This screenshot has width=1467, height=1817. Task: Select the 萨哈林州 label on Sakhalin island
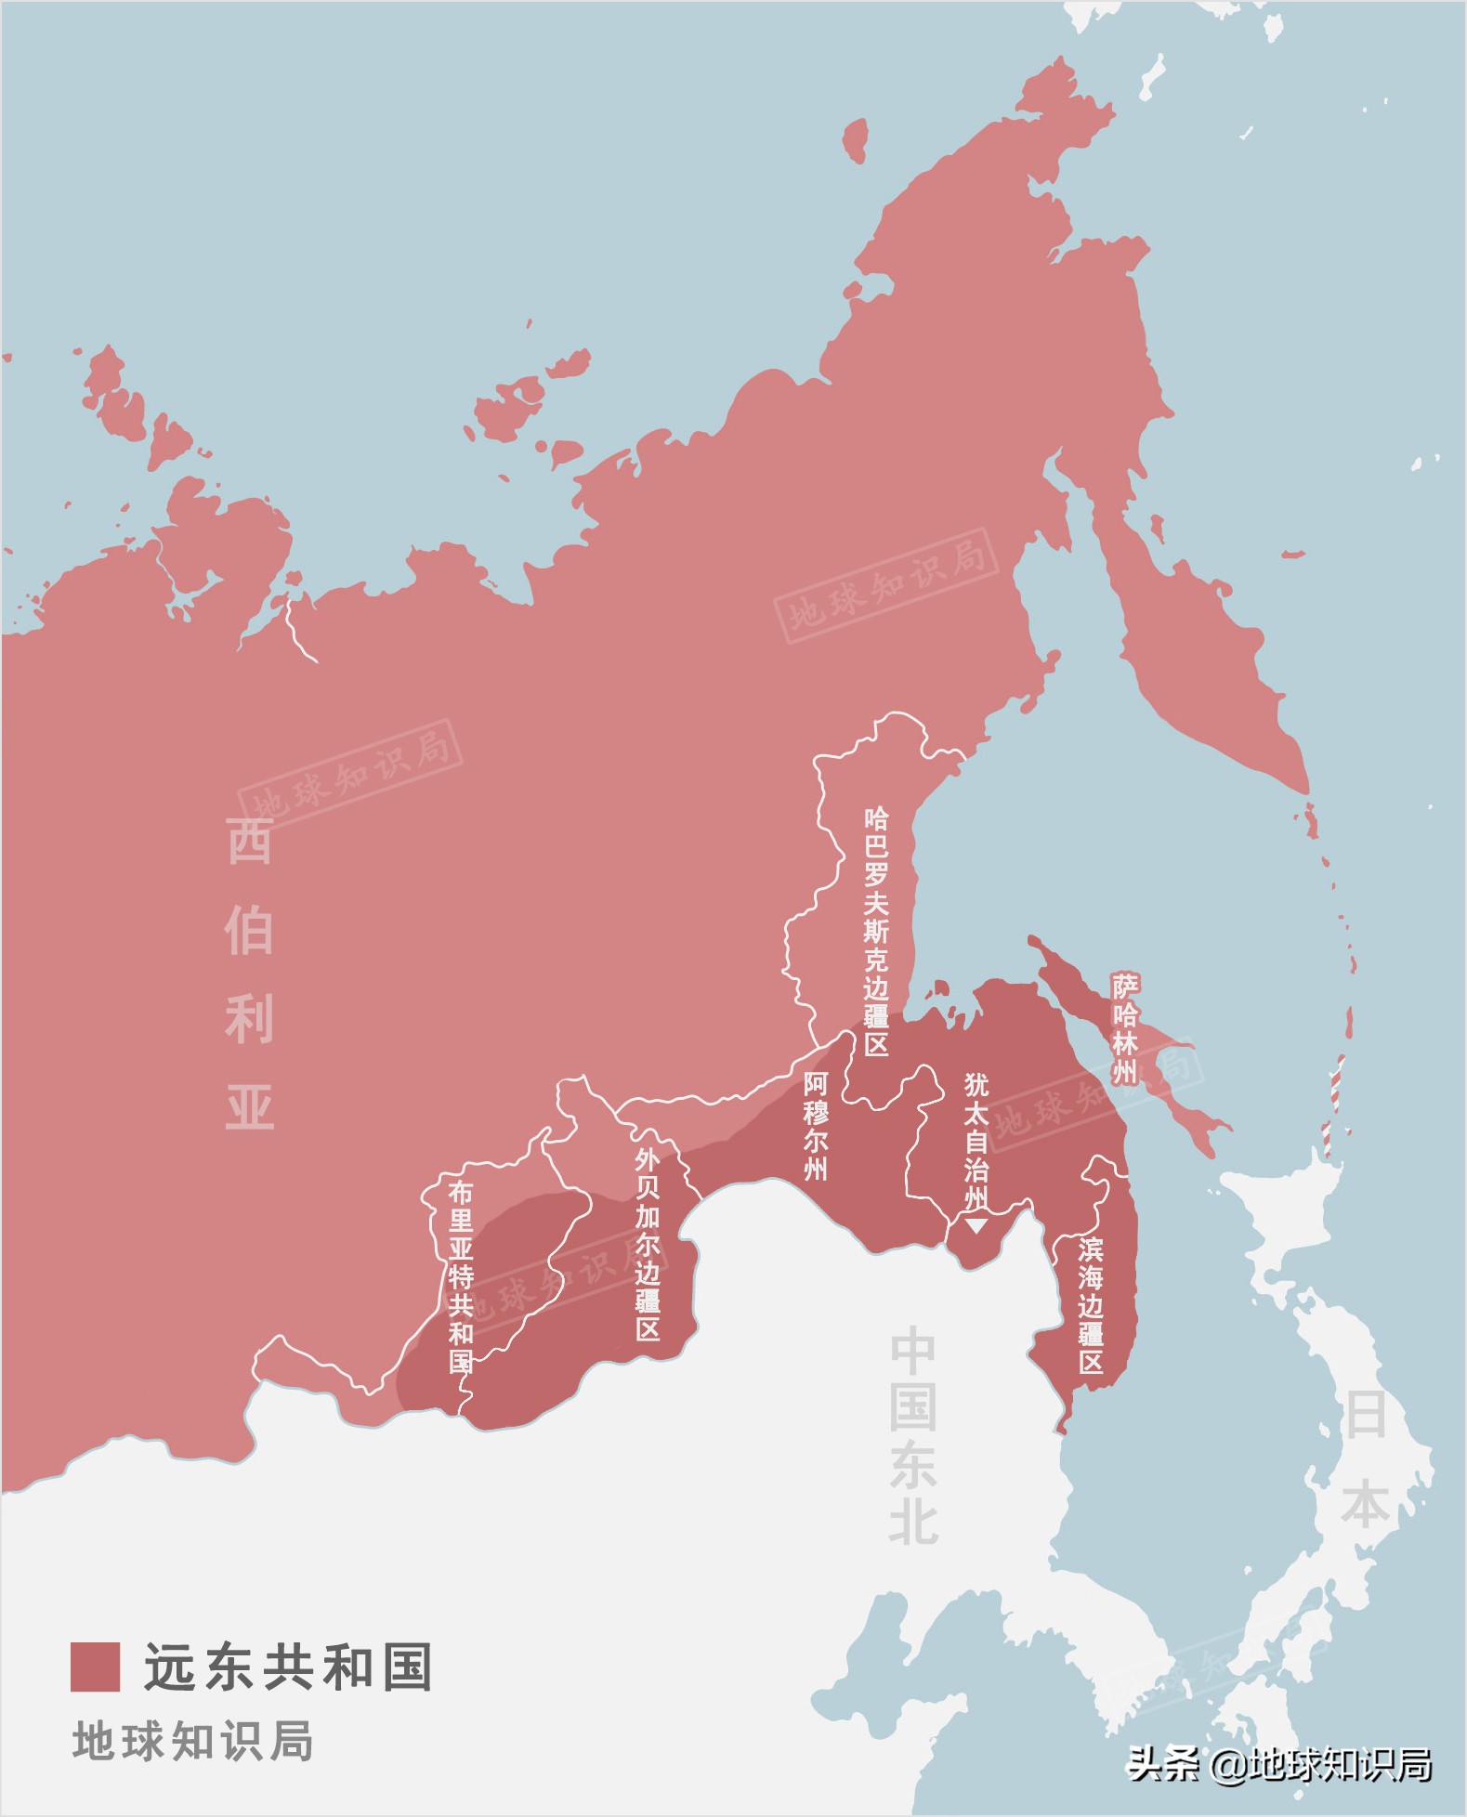coord(1125,1027)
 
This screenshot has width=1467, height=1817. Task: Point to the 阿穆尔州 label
coord(816,1125)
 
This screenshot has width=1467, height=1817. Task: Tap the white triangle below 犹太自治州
coord(976,1225)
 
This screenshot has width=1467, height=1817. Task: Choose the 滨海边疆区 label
coord(1091,1305)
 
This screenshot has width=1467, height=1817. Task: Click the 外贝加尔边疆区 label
coord(648,1245)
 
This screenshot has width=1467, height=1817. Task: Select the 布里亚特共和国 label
coord(461,1276)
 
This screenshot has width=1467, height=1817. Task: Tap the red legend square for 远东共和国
coord(95,1667)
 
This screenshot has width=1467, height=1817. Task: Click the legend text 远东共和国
coord(289,1667)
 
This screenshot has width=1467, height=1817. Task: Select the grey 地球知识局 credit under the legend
coord(193,1741)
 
